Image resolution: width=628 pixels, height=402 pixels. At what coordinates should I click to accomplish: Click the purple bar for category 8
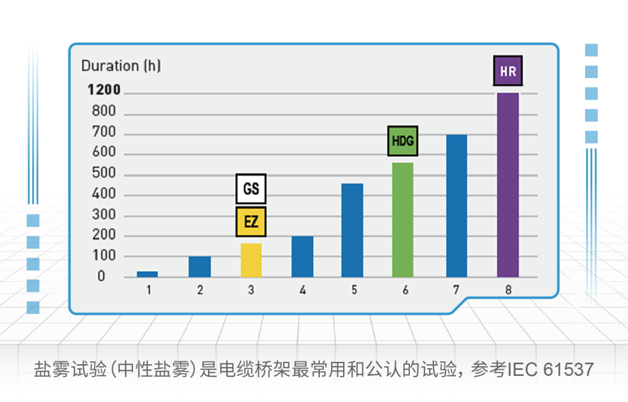click(508, 185)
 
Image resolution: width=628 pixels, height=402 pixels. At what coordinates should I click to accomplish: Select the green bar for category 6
click(402, 220)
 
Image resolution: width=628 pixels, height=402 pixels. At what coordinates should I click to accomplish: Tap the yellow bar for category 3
click(251, 260)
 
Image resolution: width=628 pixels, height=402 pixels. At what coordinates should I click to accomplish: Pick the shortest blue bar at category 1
click(147, 274)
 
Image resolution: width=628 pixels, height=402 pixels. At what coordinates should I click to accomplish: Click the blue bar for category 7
click(456, 206)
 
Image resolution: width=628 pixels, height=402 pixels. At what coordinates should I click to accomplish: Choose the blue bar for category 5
click(352, 230)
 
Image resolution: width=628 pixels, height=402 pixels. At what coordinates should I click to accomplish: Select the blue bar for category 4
click(302, 256)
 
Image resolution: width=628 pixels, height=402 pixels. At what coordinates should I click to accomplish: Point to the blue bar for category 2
click(199, 267)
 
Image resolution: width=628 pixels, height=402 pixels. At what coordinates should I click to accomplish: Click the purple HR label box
click(508, 71)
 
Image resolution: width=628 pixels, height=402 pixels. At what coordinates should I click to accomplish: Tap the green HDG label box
click(403, 141)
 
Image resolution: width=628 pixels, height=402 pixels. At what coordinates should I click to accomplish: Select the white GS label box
click(251, 189)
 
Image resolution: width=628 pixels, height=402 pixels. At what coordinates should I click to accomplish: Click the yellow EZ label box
click(251, 221)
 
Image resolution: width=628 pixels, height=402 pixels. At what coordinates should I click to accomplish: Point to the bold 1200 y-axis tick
click(104, 90)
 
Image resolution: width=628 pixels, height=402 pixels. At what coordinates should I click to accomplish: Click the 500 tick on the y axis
click(104, 174)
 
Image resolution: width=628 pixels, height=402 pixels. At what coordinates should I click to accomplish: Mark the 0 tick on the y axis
click(102, 276)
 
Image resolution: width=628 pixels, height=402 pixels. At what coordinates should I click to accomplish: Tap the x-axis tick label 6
click(405, 290)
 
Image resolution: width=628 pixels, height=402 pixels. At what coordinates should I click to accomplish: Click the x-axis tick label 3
click(251, 290)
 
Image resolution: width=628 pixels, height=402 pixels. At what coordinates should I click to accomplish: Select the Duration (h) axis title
click(121, 66)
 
